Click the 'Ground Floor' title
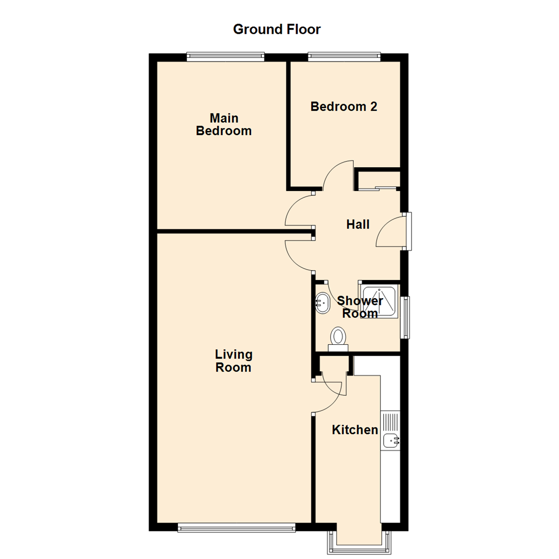[x=277, y=29]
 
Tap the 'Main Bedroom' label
[x=224, y=124]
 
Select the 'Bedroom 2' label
[x=344, y=107]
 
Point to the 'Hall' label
[x=358, y=225]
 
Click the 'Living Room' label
[x=233, y=361]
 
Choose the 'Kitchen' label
[x=355, y=430]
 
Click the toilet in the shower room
[x=339, y=339]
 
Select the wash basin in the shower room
[x=322, y=303]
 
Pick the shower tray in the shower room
[x=379, y=300]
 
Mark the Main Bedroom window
[x=226, y=57]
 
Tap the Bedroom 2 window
[x=344, y=57]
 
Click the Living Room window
[x=237, y=527]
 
